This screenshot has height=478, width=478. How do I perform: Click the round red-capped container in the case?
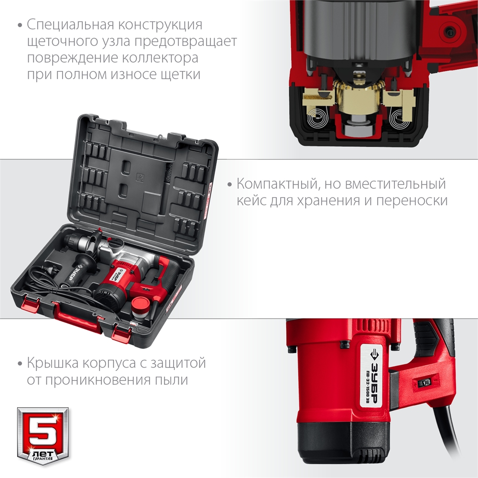140,306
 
